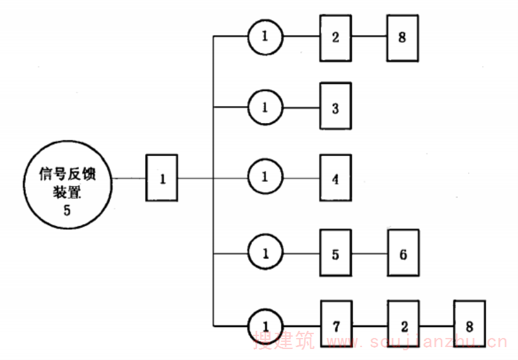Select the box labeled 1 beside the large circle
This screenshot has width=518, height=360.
pyautogui.click(x=163, y=178)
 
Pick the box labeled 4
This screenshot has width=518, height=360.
pyautogui.click(x=335, y=178)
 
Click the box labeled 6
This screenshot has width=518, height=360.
pyautogui.click(x=403, y=254)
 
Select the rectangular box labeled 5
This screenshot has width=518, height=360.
pyautogui.click(x=335, y=254)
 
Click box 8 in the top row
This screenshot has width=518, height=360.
pyautogui.click(x=403, y=38)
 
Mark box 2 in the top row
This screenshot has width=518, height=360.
pyautogui.click(x=335, y=38)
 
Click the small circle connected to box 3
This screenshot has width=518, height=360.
pyautogui.click(x=265, y=107)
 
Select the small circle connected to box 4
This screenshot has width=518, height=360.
pyautogui.click(x=265, y=177)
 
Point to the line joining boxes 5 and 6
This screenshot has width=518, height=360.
pyautogui.click(x=370, y=254)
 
